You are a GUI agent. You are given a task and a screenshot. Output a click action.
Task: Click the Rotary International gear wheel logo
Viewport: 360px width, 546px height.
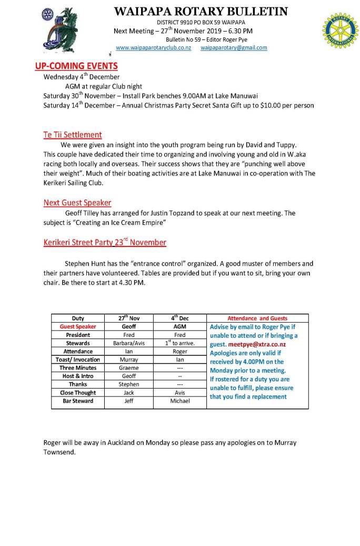(336, 31)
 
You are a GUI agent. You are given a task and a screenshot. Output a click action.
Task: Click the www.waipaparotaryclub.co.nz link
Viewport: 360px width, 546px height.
(153, 47)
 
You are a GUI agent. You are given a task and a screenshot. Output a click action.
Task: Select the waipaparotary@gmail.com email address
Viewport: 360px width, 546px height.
(234, 47)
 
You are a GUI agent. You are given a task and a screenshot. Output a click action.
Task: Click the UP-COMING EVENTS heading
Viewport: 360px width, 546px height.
(76, 66)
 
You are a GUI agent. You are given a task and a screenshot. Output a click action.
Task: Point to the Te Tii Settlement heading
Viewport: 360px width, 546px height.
(73, 135)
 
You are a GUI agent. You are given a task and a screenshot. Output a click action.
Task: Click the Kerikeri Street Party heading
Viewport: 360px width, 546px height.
(105, 243)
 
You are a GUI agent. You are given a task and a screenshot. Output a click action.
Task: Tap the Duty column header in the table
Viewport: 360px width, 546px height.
(78, 318)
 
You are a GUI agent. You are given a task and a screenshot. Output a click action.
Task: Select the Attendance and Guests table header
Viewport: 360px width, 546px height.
(257, 318)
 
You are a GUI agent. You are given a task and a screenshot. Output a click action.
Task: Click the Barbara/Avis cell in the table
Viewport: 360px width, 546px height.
(129, 343)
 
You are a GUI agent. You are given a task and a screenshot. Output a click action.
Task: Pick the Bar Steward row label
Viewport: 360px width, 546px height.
(78, 401)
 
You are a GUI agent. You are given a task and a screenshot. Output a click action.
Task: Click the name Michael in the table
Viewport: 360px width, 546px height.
(179, 401)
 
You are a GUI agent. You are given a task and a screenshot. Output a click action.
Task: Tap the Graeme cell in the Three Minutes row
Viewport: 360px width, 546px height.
(129, 368)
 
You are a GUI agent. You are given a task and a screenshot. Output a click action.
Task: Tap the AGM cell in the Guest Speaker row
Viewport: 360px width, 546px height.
(179, 326)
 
